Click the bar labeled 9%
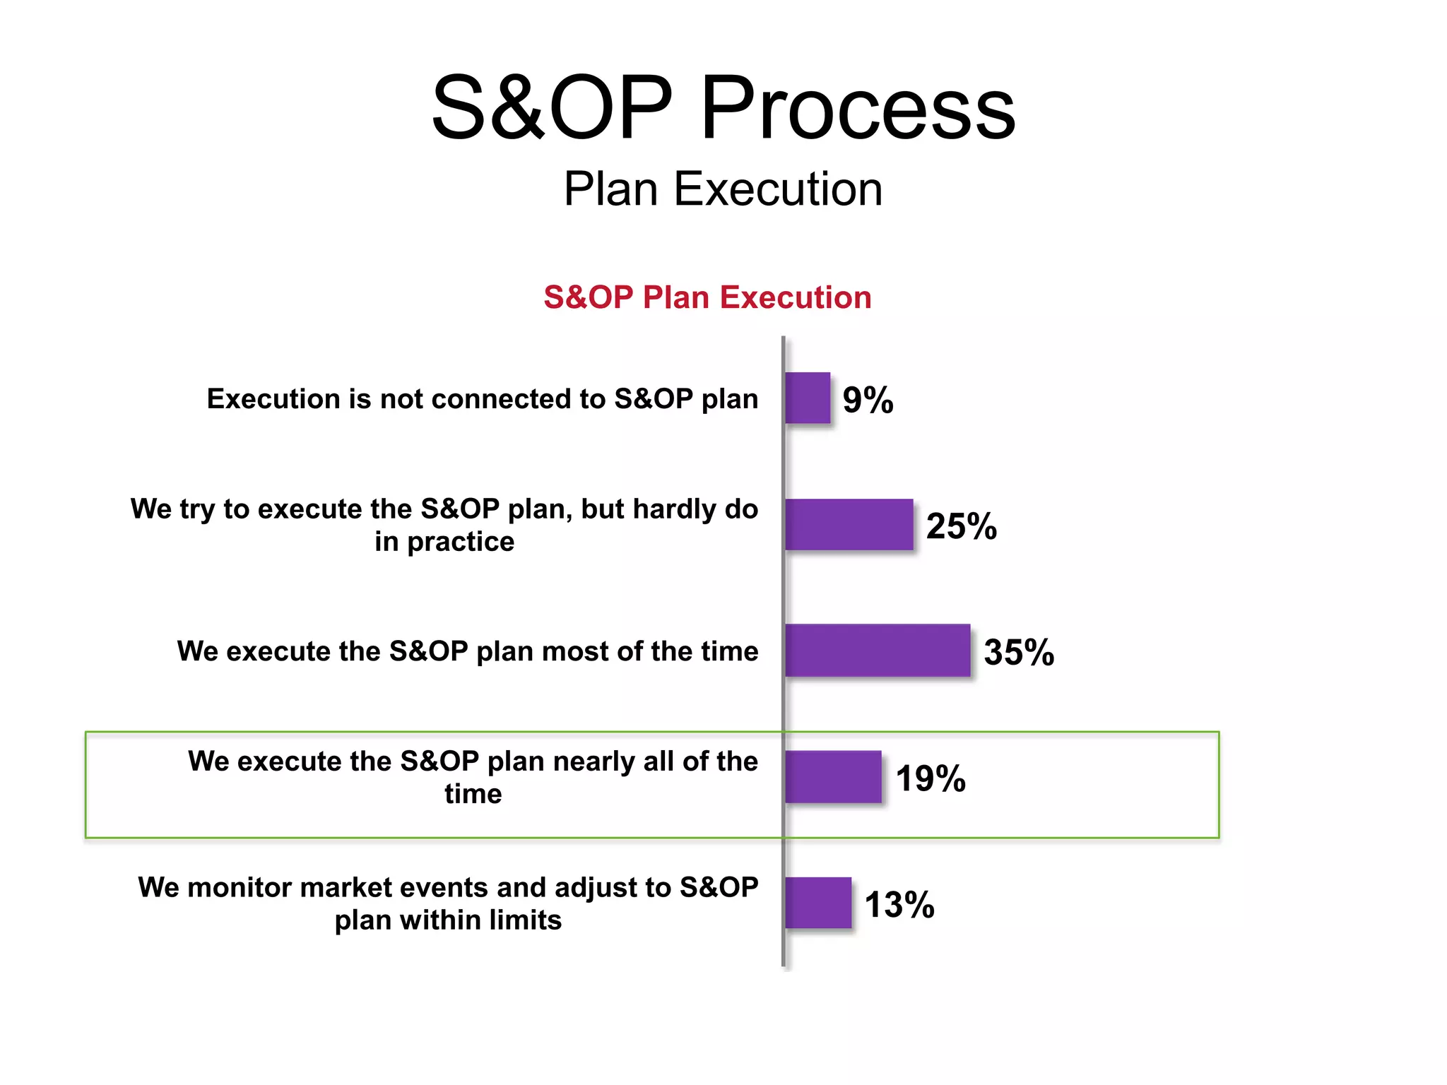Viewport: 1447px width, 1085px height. tap(808, 398)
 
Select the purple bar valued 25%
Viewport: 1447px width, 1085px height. tap(849, 525)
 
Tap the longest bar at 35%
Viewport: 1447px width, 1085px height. tap(878, 651)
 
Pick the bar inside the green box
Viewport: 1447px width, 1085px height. tap(833, 777)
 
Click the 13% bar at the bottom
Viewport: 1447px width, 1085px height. tap(818, 903)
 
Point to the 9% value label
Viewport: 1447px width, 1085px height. tap(868, 400)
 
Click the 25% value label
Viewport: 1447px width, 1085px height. tap(961, 526)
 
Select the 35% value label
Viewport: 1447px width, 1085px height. tap(1019, 652)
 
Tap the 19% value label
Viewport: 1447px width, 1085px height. tap(931, 778)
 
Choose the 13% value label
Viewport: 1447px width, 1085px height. tap(899, 905)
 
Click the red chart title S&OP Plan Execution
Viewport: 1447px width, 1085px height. tap(707, 297)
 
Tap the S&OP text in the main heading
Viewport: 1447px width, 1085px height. tap(552, 108)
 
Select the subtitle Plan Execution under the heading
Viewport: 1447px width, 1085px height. tap(723, 189)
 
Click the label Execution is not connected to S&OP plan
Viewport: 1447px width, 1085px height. tap(483, 399)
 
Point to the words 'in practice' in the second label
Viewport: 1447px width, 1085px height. tap(444, 542)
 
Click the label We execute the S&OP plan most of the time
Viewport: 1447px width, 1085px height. tap(468, 651)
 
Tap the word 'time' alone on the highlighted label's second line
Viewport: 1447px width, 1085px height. tap(473, 794)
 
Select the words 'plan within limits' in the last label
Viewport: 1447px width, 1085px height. tap(448, 920)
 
